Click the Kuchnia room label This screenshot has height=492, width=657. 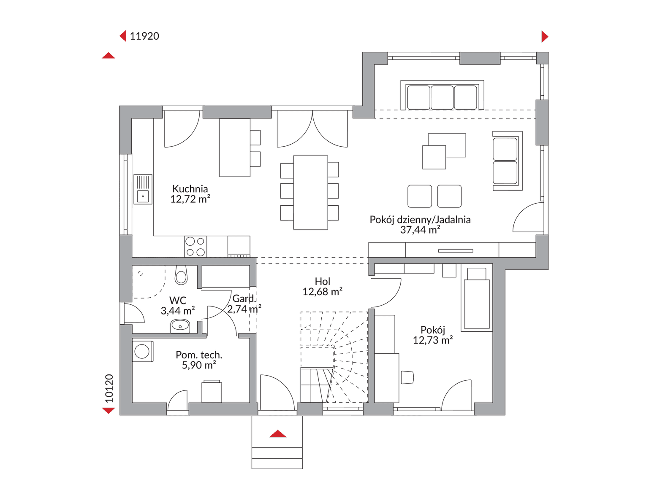click(190, 189)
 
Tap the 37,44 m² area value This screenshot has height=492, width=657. click(420, 230)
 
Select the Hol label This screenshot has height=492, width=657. click(322, 281)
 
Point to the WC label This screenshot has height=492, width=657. click(177, 300)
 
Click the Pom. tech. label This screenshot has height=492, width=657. click(199, 355)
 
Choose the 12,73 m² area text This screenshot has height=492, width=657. click(432, 340)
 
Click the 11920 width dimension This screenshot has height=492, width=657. click(144, 36)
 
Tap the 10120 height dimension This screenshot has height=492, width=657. click(109, 388)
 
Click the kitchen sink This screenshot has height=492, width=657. click(143, 189)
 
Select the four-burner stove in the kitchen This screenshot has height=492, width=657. click(195, 247)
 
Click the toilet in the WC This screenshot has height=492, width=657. click(181, 275)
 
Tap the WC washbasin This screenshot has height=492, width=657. click(180, 326)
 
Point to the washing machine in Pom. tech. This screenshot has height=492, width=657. click(142, 351)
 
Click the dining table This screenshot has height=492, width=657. click(310, 192)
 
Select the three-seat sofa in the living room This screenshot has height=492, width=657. click(442, 95)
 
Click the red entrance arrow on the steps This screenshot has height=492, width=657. click(278, 433)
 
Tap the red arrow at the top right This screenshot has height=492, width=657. click(545, 36)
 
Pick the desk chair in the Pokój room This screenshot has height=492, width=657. click(407, 377)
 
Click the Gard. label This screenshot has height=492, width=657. click(244, 298)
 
